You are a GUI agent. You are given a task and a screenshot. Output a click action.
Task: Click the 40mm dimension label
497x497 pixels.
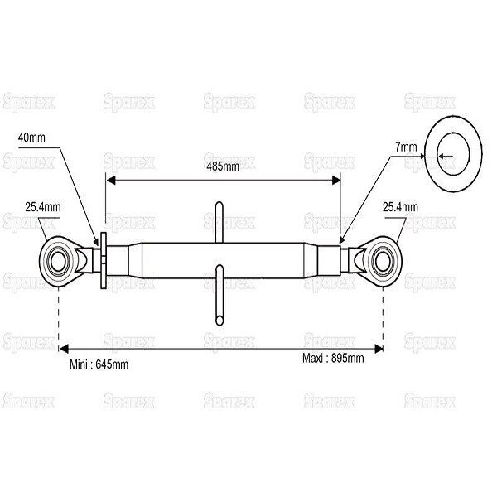point(31,138)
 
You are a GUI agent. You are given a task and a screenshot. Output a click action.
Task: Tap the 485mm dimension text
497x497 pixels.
point(223,166)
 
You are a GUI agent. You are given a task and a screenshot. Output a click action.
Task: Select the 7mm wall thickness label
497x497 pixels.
point(406,147)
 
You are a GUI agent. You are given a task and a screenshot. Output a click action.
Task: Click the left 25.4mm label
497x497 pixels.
point(43,207)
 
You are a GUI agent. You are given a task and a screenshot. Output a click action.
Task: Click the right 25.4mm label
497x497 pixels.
point(400,207)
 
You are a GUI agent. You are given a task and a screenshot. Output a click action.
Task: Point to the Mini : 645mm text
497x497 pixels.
point(99,364)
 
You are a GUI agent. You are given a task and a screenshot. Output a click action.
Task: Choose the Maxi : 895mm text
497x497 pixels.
point(333,359)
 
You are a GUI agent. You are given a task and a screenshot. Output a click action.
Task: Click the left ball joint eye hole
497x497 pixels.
point(58,262)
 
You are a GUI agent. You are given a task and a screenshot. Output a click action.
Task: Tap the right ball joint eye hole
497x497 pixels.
point(383,262)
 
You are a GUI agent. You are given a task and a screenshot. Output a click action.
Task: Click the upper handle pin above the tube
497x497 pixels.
point(219,223)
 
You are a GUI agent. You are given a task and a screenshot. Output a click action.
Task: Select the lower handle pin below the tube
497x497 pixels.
point(219,296)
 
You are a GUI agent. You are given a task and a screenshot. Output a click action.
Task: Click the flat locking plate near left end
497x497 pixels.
point(104,261)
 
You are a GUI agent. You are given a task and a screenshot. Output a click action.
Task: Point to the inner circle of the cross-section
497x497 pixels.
point(453,154)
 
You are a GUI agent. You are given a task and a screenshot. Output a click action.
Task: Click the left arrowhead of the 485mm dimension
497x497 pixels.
point(110,181)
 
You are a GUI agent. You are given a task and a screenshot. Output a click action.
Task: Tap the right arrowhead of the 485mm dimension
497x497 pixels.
point(335,181)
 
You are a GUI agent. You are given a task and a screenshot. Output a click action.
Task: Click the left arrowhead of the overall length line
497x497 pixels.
point(64,349)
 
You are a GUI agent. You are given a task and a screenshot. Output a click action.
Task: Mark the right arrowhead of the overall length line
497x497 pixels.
point(379,349)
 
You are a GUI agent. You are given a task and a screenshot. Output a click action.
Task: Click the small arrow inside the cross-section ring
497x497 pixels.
point(446,156)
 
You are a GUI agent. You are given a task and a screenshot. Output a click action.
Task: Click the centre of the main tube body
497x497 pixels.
point(223,261)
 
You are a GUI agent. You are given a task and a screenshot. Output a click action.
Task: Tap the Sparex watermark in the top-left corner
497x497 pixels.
point(28,103)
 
